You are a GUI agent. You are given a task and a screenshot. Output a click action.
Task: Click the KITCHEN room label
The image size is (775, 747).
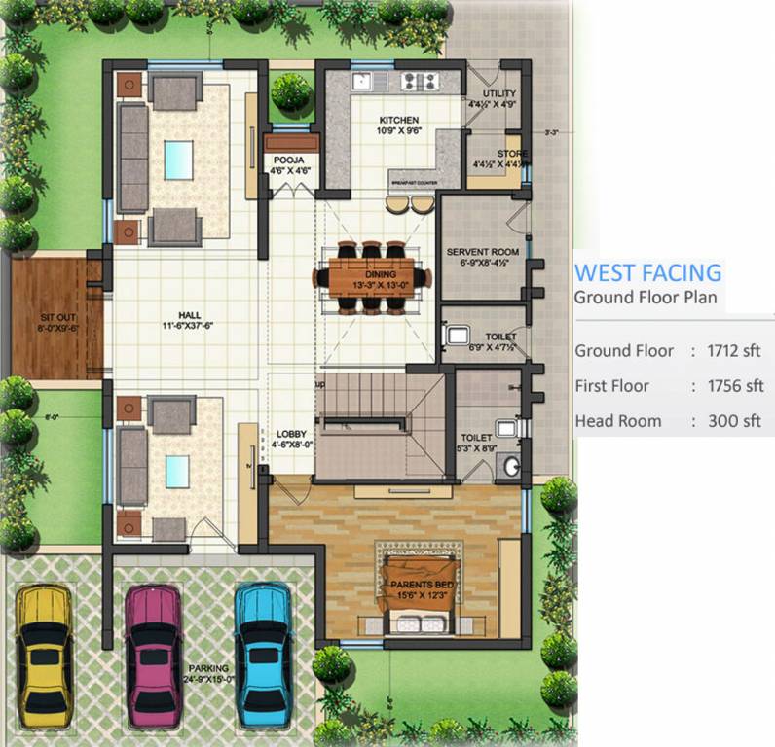pos(398,122)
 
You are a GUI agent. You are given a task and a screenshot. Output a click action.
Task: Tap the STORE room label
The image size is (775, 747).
pos(512,154)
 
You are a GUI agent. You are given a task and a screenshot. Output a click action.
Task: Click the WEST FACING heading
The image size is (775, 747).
pos(647,272)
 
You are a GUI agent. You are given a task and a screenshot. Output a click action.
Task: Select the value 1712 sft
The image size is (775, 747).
pos(736,351)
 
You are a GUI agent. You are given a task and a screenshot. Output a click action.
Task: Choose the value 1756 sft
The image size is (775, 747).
pos(737,386)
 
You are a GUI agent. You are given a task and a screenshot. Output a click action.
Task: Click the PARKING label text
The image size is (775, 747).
pos(209,668)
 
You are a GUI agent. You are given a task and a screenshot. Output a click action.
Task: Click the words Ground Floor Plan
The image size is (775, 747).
pos(646,297)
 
